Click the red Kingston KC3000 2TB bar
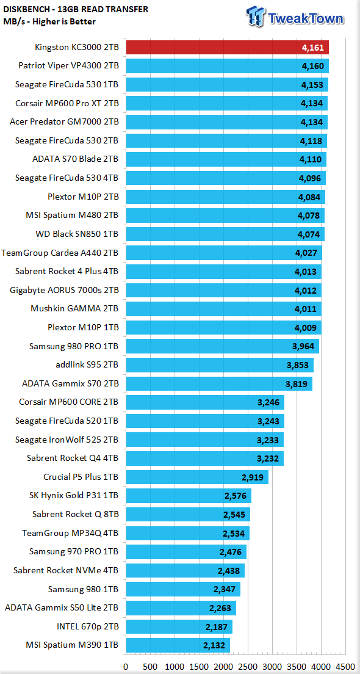pyautogui.click(x=227, y=47)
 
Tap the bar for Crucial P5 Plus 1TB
pyautogui.click(x=196, y=477)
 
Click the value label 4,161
pyautogui.click(x=313, y=48)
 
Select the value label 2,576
pyautogui.click(x=236, y=496)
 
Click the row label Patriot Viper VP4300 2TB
pyautogui.click(x=69, y=66)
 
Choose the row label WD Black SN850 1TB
pyautogui.click(x=77, y=234)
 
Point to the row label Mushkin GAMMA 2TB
pyautogui.click(x=75, y=309)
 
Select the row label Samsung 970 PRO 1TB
pyautogui.click(x=74, y=551)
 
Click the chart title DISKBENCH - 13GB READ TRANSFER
pyautogui.click(x=76, y=9)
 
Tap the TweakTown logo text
pyautogui.click(x=306, y=18)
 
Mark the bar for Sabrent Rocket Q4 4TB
pyautogui.click(x=204, y=458)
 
